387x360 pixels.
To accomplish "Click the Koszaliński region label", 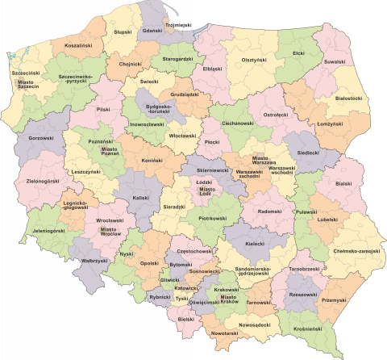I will tap(78, 46).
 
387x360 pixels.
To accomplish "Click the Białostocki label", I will tap(348, 98).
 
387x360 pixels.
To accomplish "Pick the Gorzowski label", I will tap(41, 138).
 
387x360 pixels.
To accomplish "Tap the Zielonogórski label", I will tap(42, 181).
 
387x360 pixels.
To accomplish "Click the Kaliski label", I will tap(141, 198).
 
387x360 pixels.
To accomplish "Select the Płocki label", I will tap(212, 142).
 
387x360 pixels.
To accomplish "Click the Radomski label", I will tap(269, 211).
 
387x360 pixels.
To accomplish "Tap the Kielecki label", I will tap(255, 243).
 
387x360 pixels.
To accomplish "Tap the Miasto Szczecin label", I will tap(27, 85).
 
